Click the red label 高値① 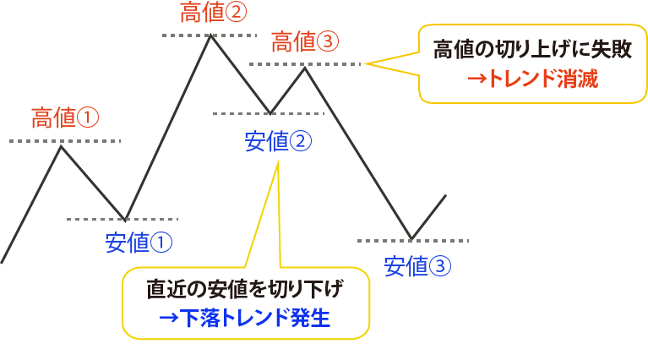tap(64, 117)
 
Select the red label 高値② tap(214, 13)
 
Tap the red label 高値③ tap(305, 41)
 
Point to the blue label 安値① tap(139, 243)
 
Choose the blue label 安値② tap(278, 141)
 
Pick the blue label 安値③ tap(417, 266)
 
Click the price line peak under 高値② tap(210, 36)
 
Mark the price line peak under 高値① tap(61, 146)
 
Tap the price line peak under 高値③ tap(305, 66)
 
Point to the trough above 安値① tap(124, 219)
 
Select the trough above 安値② tap(270, 112)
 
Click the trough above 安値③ tap(411, 238)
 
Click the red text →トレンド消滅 tap(532, 80)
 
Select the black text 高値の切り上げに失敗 tap(532, 50)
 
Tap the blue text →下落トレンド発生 tap(245, 319)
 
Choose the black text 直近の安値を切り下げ tap(245, 290)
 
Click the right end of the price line tap(444, 196)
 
